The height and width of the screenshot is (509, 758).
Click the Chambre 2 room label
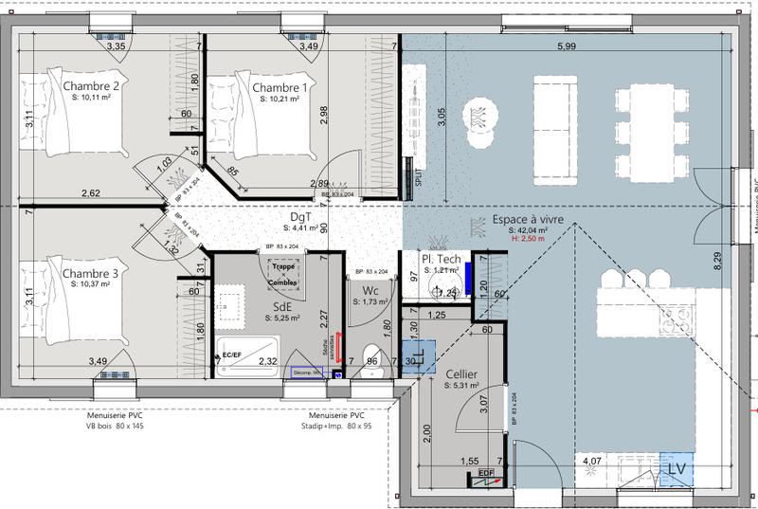coord(90,87)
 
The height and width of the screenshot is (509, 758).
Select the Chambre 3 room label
coord(90,274)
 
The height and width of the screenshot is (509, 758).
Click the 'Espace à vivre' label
coord(528,220)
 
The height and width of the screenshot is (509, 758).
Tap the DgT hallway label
coord(299,217)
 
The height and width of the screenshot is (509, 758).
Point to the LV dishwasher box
coord(677,468)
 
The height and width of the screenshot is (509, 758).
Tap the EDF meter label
coord(486,473)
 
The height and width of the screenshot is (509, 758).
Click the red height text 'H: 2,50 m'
coord(529,240)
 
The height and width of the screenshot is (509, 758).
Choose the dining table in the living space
coord(648,128)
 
